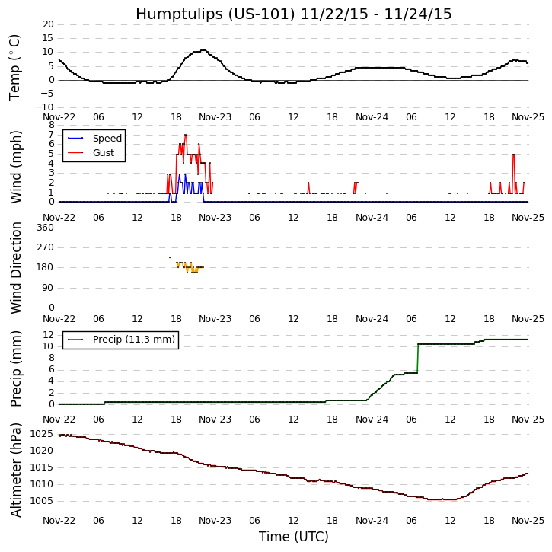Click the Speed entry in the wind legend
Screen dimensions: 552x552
click(x=107, y=139)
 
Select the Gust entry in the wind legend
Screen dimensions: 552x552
click(x=104, y=153)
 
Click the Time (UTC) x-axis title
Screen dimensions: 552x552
click(x=294, y=537)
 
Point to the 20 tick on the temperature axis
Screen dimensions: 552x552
click(x=47, y=24)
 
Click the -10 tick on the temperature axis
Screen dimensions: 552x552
click(x=43, y=107)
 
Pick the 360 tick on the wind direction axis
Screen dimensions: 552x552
click(x=45, y=227)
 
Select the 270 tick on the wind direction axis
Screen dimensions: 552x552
click(x=45, y=247)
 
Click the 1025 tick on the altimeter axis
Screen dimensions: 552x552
click(x=41, y=434)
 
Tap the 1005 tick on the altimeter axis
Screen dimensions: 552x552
click(x=41, y=501)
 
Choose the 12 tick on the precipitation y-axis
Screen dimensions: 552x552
click(x=47, y=335)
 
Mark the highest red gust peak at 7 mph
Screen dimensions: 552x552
click(x=185, y=136)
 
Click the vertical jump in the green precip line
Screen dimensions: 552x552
click(x=418, y=358)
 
